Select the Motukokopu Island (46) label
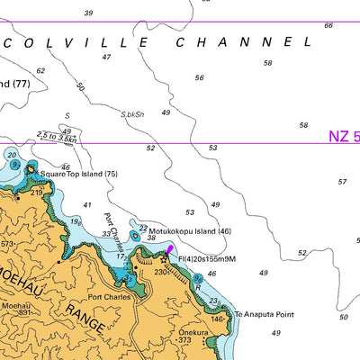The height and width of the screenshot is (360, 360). point(190,231)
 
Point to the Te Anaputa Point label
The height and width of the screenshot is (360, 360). point(265,314)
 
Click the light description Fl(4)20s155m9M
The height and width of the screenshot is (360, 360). point(207,259)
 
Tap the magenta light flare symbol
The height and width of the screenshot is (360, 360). point(170,250)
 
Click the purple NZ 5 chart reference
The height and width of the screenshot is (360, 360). point(343,137)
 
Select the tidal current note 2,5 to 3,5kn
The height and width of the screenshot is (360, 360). point(56,136)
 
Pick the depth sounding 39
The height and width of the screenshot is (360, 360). point(88,13)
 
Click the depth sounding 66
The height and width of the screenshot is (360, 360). point(328,25)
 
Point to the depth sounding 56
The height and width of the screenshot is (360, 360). point(199,77)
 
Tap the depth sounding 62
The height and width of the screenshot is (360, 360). point(40,70)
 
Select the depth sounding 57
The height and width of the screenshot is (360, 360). point(342,182)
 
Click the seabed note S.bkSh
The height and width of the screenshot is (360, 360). point(132,114)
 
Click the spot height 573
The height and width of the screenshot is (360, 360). point(7,244)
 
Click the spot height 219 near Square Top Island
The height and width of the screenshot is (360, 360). point(37,193)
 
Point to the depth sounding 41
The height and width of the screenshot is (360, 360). point(86,205)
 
